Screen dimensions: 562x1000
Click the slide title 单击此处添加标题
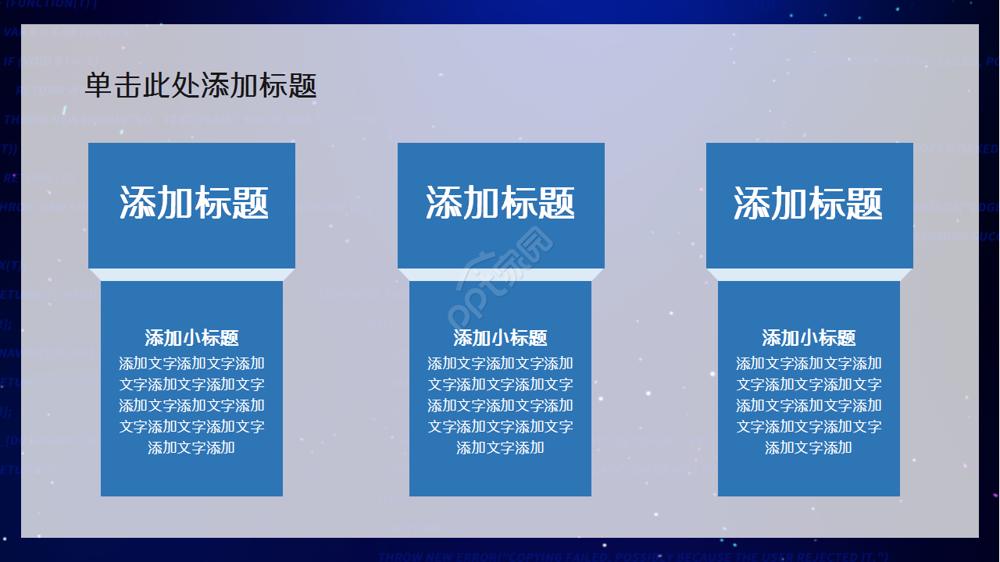[201, 86]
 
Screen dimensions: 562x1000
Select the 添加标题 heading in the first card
[194, 203]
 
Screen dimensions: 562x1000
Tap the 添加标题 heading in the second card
[501, 203]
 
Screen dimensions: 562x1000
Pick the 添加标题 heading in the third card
[809, 203]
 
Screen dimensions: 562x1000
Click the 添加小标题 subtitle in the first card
[191, 338]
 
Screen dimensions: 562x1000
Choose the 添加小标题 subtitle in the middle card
[500, 338]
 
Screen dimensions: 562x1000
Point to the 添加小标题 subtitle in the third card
[809, 338]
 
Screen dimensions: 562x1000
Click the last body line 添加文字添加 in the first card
[191, 448]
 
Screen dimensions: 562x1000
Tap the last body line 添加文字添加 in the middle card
[500, 448]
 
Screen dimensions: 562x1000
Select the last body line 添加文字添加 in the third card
[809, 448]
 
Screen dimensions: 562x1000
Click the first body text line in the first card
[191, 364]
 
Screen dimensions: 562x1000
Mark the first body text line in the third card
[809, 364]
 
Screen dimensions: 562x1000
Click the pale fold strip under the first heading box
[191, 275]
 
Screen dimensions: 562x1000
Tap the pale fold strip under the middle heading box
[500, 275]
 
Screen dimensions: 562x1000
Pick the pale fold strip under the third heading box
[809, 275]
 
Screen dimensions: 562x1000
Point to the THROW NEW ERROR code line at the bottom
[633, 556]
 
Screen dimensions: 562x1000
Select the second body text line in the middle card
[500, 385]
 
